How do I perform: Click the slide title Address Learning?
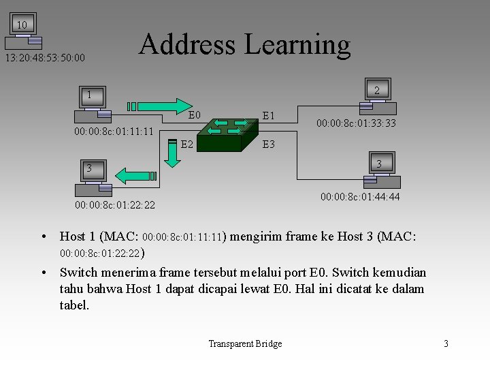(x=244, y=44)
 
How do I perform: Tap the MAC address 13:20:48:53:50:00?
(x=46, y=58)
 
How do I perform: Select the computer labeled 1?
(x=89, y=102)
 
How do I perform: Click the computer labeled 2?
(x=376, y=95)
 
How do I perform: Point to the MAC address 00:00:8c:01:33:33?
(x=357, y=123)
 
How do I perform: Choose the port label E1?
(x=269, y=116)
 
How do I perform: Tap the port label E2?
(x=187, y=144)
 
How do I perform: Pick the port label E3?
(x=269, y=144)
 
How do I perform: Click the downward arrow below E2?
(x=172, y=156)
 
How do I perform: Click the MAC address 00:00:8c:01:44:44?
(x=361, y=197)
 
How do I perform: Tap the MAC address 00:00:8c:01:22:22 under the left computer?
(x=115, y=205)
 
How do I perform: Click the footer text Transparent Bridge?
(x=245, y=344)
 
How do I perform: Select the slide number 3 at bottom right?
(x=446, y=344)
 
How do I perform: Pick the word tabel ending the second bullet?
(x=74, y=305)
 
